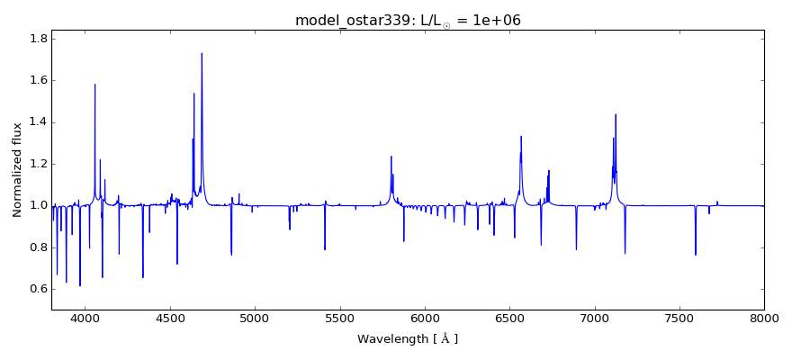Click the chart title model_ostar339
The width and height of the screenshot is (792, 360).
coord(408,20)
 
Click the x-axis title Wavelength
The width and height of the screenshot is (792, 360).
coord(408,339)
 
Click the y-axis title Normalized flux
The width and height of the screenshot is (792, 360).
coord(18,169)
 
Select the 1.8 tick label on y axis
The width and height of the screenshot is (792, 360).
coord(38,39)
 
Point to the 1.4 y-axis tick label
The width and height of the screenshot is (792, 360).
coord(38,122)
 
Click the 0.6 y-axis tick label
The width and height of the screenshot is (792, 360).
coord(38,289)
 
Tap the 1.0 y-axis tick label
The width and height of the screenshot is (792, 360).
coord(38,205)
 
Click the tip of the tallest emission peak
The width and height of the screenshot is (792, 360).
coord(202,53)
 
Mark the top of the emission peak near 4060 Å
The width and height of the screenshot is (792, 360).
coord(94,85)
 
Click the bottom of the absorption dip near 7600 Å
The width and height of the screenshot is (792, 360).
coord(696,255)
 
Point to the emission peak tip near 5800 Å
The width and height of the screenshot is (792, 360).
coord(391,157)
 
